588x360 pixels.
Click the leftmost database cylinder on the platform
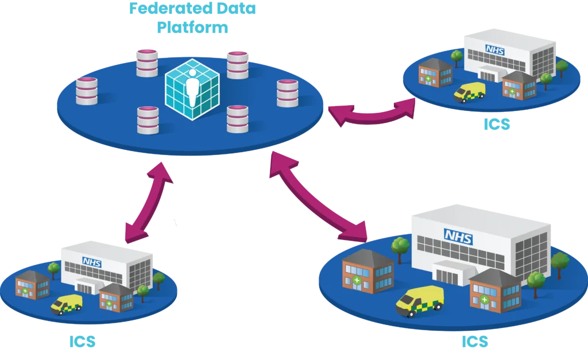point(87,90)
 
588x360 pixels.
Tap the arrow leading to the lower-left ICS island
point(146,201)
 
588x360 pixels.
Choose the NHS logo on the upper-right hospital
point(493,49)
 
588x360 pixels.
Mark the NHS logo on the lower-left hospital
point(91,261)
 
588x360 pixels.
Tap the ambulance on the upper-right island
point(469,92)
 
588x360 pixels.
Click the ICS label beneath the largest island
point(475,342)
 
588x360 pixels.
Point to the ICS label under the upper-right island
point(496,125)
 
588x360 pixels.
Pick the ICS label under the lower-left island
point(82,342)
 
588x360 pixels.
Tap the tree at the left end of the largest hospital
point(400,247)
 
